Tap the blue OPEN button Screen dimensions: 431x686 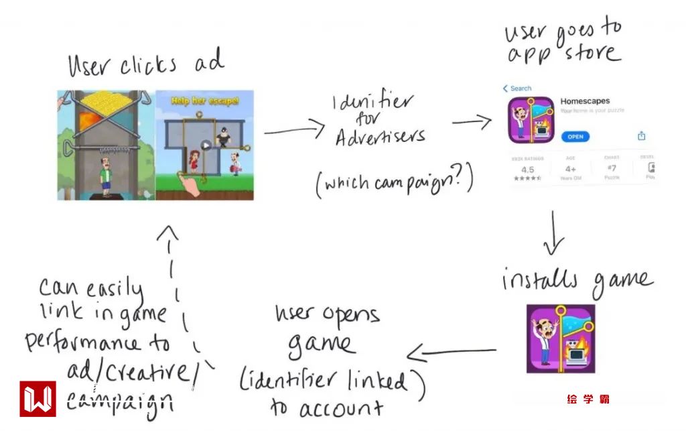pyautogui.click(x=575, y=137)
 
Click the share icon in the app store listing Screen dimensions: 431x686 pyautogui.click(x=641, y=136)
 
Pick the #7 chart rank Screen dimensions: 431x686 pyautogui.click(x=611, y=169)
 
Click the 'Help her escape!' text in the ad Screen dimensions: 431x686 pyautogui.click(x=205, y=102)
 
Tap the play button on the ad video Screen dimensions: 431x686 pyautogui.click(x=206, y=145)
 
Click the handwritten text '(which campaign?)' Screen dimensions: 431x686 pyautogui.click(x=395, y=182)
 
